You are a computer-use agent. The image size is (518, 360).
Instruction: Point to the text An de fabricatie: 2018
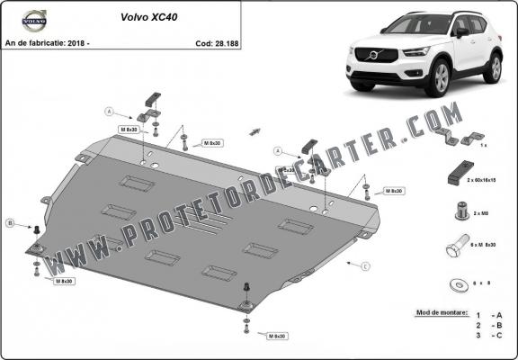pyautogui.click(x=47, y=41)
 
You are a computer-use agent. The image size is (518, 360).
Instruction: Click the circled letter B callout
pyautogui.click(x=10, y=222)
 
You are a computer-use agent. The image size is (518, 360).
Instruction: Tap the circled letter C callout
pyautogui.click(x=365, y=266)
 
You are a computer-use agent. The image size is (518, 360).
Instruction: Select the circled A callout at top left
pyautogui.click(x=109, y=112)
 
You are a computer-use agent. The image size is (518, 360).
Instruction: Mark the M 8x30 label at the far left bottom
pyautogui.click(x=64, y=282)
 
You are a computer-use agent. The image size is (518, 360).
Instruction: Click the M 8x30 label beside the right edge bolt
pyautogui.click(x=393, y=191)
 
